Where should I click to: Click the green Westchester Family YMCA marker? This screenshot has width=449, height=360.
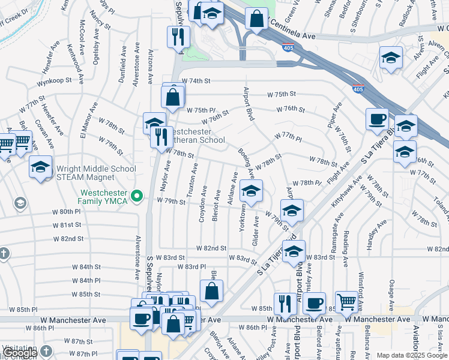(x=137, y=195)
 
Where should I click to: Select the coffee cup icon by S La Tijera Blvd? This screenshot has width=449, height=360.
(x=377, y=118)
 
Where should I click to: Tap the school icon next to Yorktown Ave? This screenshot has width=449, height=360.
(x=251, y=191)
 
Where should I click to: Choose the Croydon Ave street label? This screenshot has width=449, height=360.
(x=203, y=204)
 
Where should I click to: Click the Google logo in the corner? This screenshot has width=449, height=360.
(x=20, y=353)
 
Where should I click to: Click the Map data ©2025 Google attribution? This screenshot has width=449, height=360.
(x=411, y=355)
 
